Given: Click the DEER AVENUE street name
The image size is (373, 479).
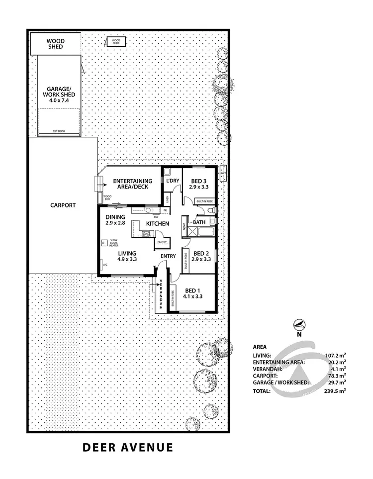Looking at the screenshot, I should pos(128,447).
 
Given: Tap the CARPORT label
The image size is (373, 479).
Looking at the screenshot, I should pos(63,205).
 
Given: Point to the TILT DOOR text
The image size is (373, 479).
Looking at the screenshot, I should pos(59,132).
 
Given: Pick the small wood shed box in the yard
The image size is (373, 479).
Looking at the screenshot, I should pos(116,42).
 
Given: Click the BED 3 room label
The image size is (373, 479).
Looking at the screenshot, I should pos(198,184).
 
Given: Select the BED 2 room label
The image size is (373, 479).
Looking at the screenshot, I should pos(201,256).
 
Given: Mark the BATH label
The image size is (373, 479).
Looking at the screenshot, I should pos(199,222).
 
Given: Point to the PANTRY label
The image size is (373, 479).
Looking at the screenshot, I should pos(162,242).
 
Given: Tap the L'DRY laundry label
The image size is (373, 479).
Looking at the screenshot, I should pos(172,181).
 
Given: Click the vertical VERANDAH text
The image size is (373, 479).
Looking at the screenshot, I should pos(161,293).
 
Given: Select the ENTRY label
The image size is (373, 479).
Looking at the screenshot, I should pos(168,256).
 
